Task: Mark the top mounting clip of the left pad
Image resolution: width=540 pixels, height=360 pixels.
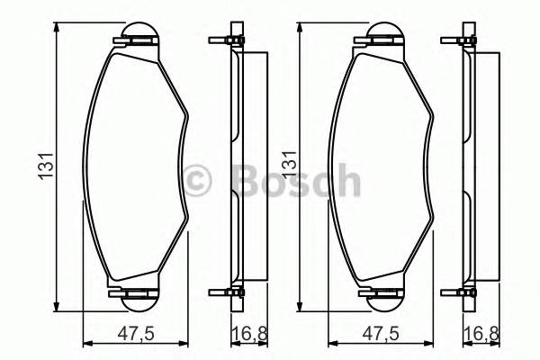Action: (x=135, y=39)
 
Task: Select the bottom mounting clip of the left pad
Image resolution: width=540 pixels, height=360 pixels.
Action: (x=135, y=292)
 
